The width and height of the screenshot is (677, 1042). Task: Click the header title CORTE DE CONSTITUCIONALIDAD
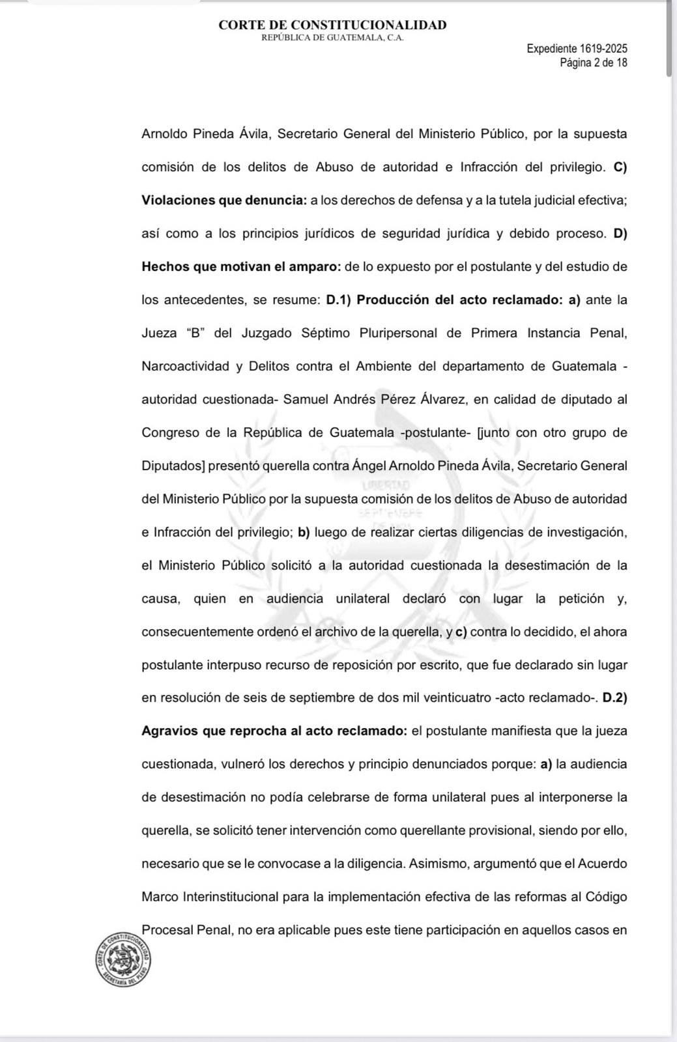(332, 25)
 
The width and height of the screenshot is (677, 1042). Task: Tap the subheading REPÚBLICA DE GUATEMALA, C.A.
(332, 38)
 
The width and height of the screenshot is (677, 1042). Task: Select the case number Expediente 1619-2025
(577, 49)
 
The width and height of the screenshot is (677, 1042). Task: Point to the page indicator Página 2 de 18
(594, 63)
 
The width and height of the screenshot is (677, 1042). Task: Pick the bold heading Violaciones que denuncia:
(224, 200)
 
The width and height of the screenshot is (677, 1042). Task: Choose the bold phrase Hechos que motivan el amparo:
(241, 266)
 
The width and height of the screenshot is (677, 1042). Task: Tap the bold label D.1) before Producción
(338, 300)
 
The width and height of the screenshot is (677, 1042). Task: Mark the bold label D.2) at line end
(614, 697)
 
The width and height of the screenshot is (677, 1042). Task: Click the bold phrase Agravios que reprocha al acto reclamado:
(274, 731)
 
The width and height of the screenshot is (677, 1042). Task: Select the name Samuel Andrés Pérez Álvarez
(375, 399)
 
